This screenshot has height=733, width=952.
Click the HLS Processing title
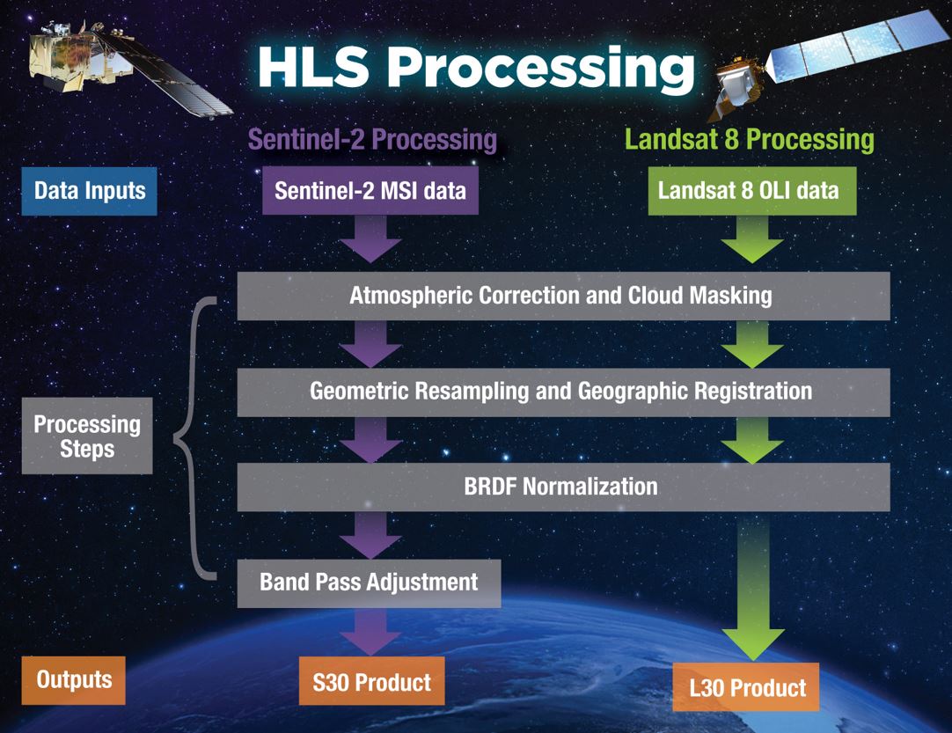pos(475,69)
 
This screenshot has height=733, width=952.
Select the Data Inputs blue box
pos(89,191)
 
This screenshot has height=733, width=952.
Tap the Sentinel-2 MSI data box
pos(370,191)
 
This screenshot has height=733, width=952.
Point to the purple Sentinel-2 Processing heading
pos(372,140)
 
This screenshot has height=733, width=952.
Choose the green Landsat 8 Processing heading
pos(749,140)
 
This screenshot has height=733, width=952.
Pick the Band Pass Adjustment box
pos(370,582)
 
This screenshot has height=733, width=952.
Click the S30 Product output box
pos(371,681)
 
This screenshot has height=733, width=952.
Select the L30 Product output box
pos(746,687)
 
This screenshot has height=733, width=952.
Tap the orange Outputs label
pos(74,679)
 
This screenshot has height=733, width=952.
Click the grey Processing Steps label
pos(86,436)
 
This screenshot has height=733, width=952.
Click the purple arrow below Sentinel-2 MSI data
pos(370,239)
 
